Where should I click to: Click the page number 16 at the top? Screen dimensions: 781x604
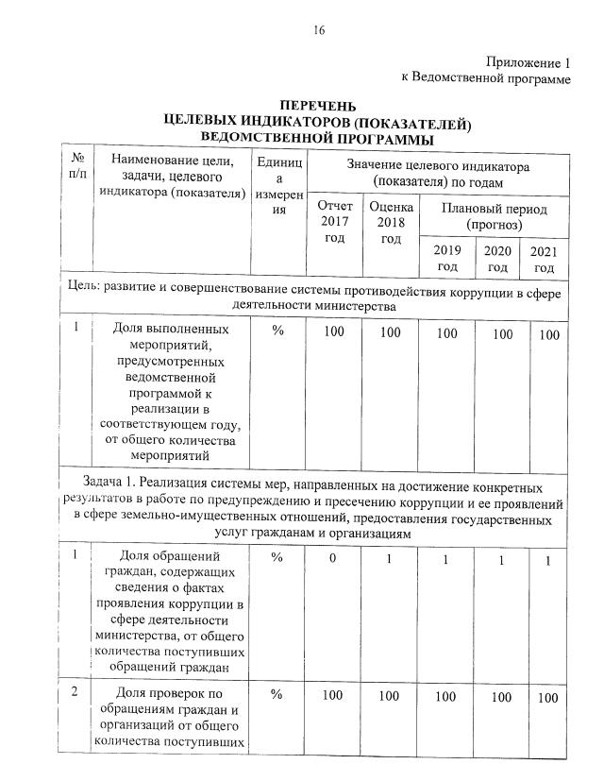click(x=319, y=30)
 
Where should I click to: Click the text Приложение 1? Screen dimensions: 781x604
click(x=529, y=63)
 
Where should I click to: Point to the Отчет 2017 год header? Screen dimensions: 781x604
click(x=335, y=222)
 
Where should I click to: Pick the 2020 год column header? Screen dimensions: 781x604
click(x=497, y=258)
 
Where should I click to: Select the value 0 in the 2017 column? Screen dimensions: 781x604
click(x=333, y=559)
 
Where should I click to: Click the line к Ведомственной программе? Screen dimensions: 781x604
click(x=486, y=79)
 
